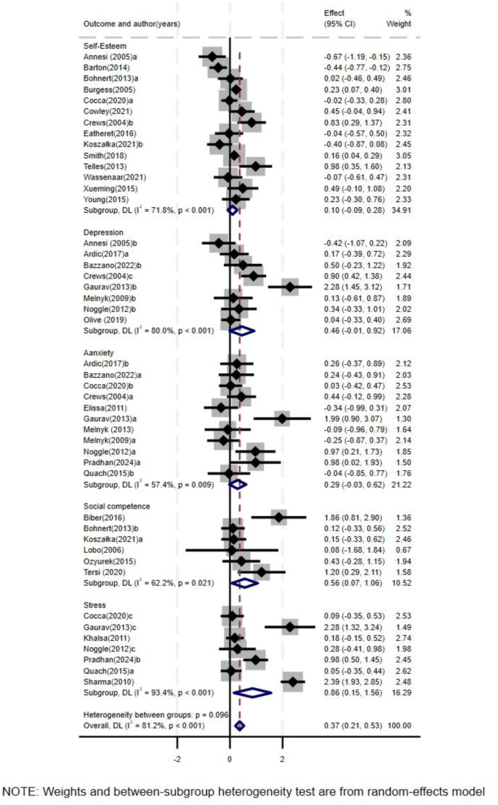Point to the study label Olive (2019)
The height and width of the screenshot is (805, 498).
(105, 319)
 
